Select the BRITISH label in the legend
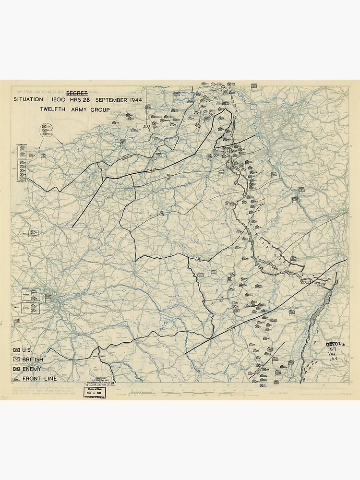[x=33, y=360]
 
